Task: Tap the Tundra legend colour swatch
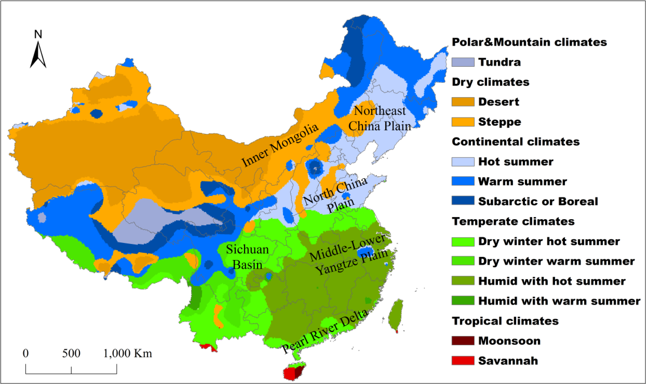click(463, 62)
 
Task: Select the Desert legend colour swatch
click(463, 102)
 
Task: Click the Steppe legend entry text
click(499, 122)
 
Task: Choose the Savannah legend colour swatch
click(463, 360)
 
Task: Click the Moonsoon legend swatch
click(463, 341)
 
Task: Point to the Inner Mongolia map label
click(280, 145)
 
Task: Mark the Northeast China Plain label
click(380, 118)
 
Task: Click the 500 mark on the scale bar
click(71, 353)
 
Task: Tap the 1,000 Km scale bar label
click(128, 353)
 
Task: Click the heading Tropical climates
click(505, 321)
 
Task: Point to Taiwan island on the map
click(396, 315)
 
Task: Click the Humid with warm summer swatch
click(463, 301)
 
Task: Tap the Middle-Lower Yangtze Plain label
click(349, 255)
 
